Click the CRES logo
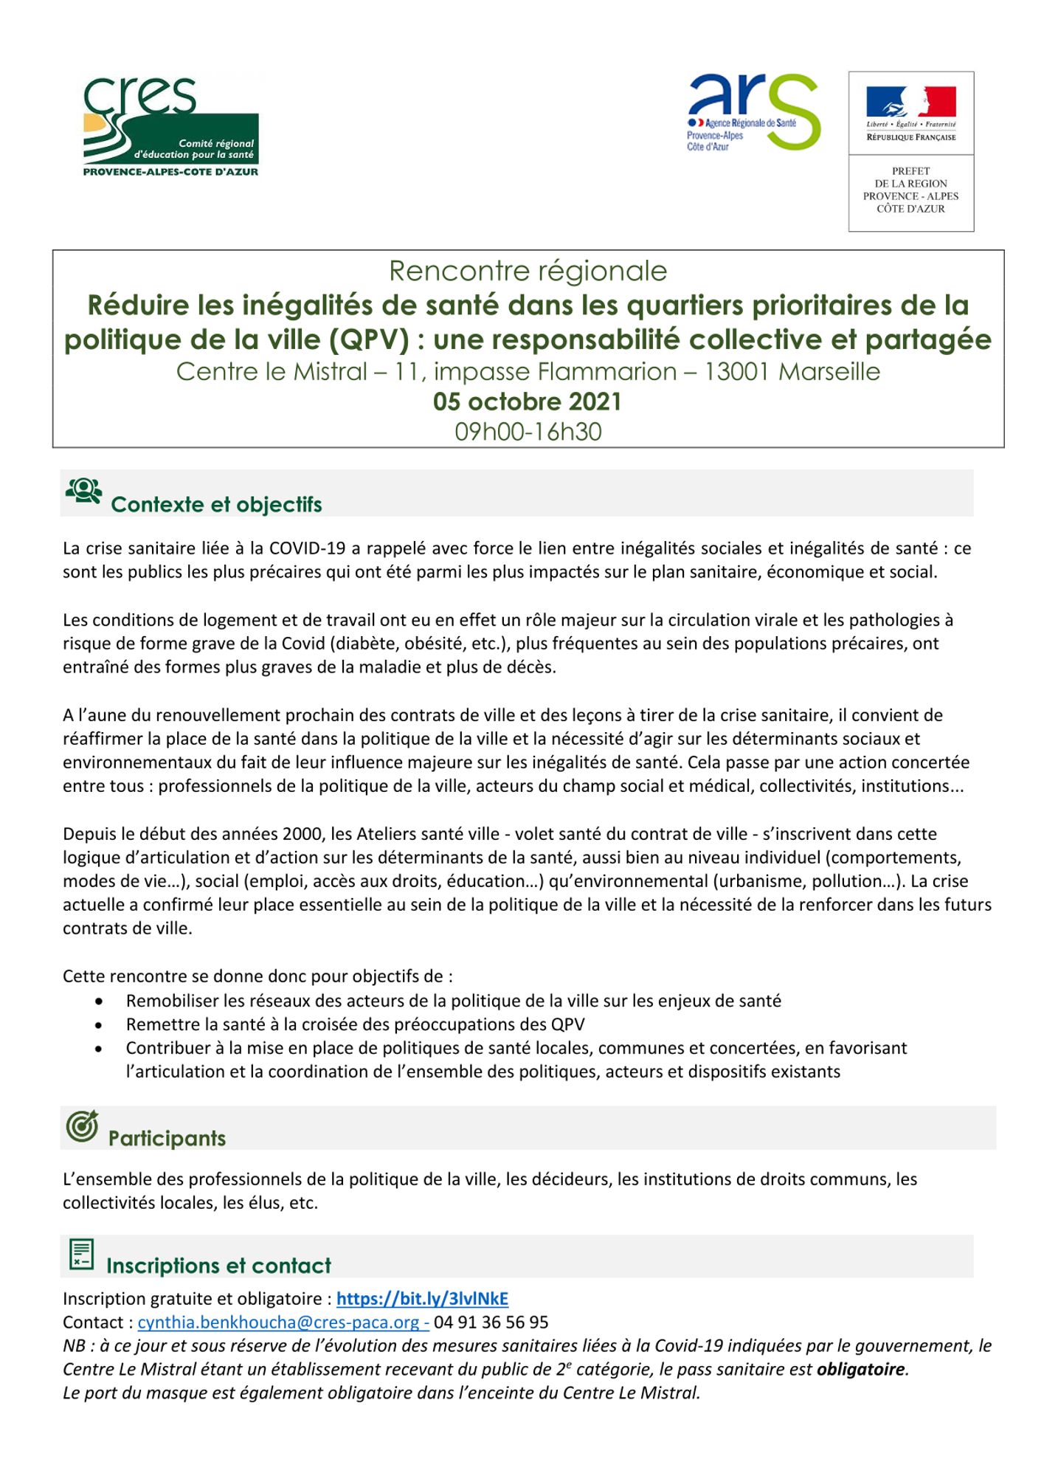[170, 126]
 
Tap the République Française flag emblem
[910, 103]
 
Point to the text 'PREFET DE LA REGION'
[910, 177]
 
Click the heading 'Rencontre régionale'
[528, 271]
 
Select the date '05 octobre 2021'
[528, 401]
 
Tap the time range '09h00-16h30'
[528, 432]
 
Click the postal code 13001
[736, 371]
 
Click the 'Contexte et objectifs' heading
[216, 505]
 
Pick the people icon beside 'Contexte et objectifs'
[83, 491]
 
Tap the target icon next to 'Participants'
[82, 1126]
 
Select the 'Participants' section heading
[167, 1138]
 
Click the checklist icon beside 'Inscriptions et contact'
[81, 1255]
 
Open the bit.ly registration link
[422, 1298]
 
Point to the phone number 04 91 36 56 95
[491, 1322]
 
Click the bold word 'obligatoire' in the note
[860, 1369]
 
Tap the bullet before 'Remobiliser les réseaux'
[99, 1001]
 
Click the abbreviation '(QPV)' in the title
[369, 339]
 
